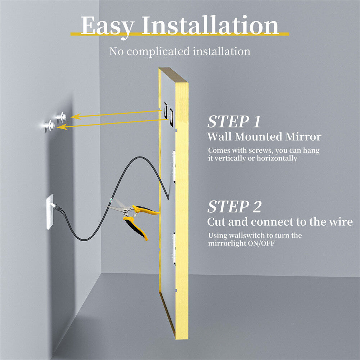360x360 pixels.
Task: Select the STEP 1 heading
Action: point(234,122)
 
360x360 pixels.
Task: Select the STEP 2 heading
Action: point(234,207)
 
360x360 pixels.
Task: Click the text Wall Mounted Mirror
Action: point(264,137)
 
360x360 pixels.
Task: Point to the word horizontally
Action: point(276,158)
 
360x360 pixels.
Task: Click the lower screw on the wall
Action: point(48,126)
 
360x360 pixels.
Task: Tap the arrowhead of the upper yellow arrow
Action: point(73,117)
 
